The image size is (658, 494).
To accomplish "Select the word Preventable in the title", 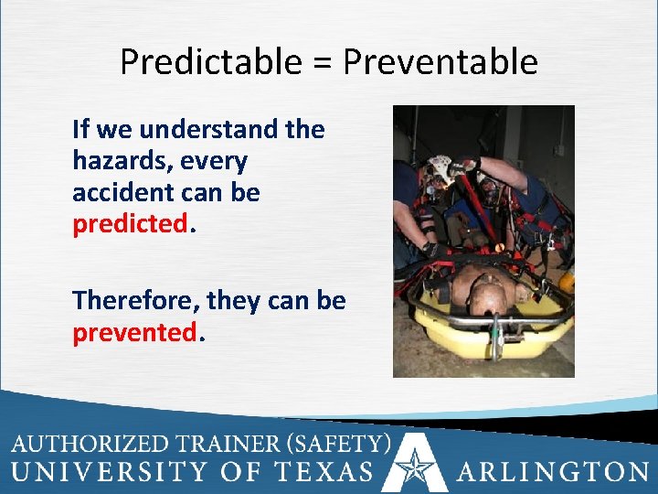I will (x=440, y=62).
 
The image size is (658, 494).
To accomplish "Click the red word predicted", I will (x=130, y=225).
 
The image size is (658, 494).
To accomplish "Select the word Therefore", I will (x=134, y=300).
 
